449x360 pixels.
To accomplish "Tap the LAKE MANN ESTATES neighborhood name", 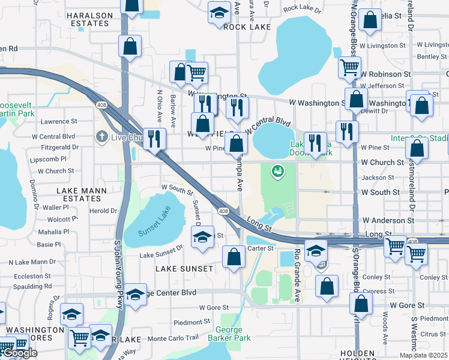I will (82, 194).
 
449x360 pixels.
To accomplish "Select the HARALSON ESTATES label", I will (89, 19).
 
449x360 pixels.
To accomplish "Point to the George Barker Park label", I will (228, 334).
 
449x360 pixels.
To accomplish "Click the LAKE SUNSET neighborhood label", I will (184, 269).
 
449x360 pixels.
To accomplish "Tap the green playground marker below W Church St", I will (277, 172).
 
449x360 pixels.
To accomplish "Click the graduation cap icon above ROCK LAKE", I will (220, 12).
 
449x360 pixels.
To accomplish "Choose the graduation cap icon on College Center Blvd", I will (135, 294).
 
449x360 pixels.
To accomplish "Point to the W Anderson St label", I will (388, 221).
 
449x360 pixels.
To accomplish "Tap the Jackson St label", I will (378, 178).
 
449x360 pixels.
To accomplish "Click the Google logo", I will (19, 353).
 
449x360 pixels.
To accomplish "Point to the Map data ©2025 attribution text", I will (424, 355).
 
